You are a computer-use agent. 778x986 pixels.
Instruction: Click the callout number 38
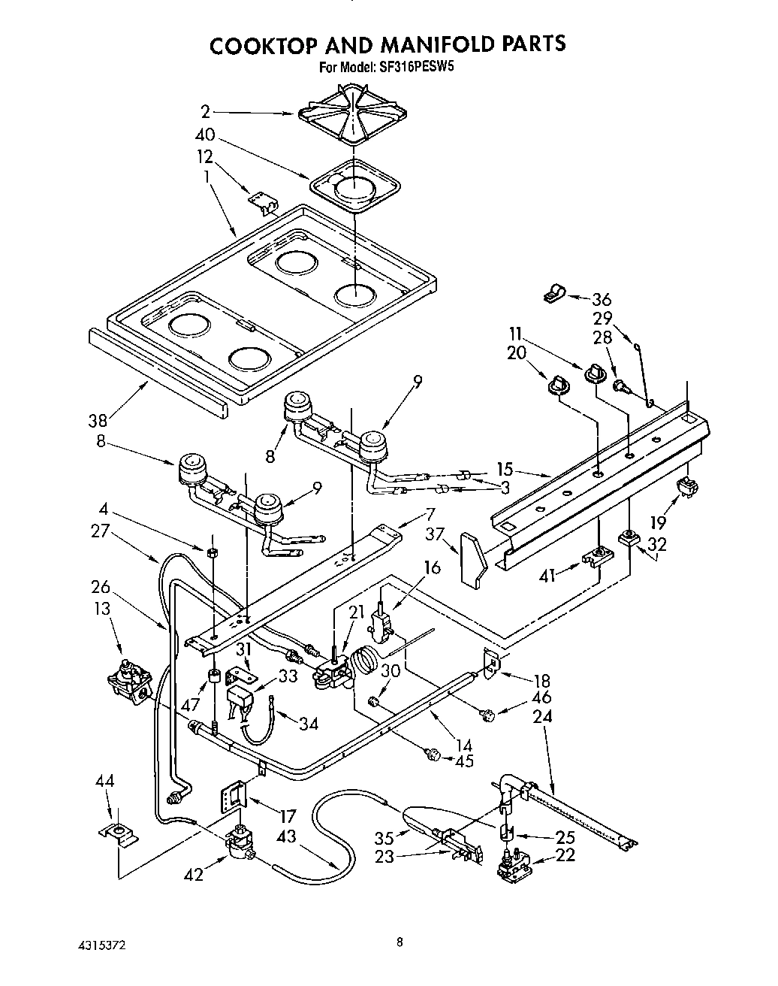98,421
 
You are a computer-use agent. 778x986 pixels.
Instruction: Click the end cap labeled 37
472,558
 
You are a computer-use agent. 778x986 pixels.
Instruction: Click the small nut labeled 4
213,553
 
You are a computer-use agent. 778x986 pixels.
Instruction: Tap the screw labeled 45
432,755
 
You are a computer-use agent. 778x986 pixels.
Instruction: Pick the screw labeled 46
488,715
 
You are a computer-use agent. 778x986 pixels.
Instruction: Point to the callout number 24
542,716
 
